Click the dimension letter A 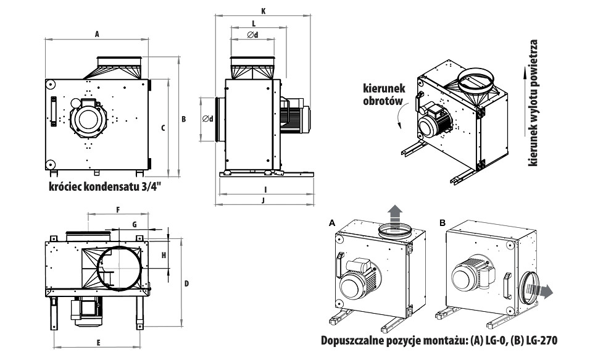pyautogui.click(x=98, y=35)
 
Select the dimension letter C pyautogui.click(x=162, y=128)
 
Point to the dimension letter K pyautogui.click(x=264, y=10)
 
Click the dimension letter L pyautogui.click(x=254, y=22)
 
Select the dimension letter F pyautogui.click(x=117, y=210)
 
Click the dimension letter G pyautogui.click(x=135, y=224)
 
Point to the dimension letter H pyautogui.click(x=164, y=255)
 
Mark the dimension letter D pyautogui.click(x=186, y=283)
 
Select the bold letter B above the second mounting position pyautogui.click(x=442, y=221)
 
